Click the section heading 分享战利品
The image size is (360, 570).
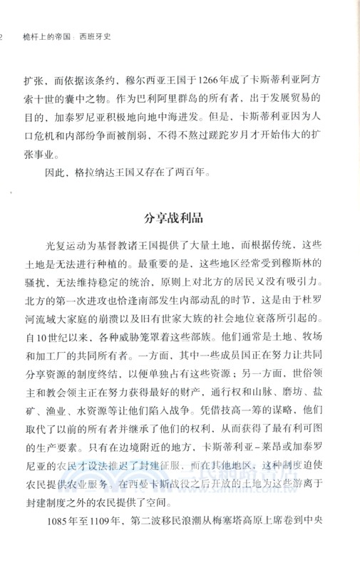tap(180, 214)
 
